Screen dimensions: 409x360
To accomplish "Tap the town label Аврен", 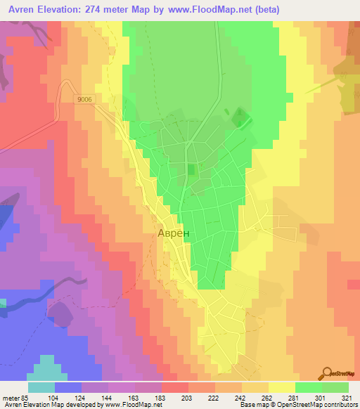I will click(x=172, y=235).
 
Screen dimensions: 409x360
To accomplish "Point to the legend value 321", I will click(x=348, y=398).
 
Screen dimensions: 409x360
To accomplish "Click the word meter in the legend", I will click(x=8, y=398).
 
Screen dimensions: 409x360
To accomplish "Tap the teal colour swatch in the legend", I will click(x=41, y=387).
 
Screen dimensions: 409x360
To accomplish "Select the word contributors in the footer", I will click(x=339, y=405).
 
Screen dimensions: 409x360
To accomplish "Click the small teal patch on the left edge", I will click(x=2, y=303).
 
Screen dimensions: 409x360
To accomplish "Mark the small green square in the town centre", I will click(x=192, y=169).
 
